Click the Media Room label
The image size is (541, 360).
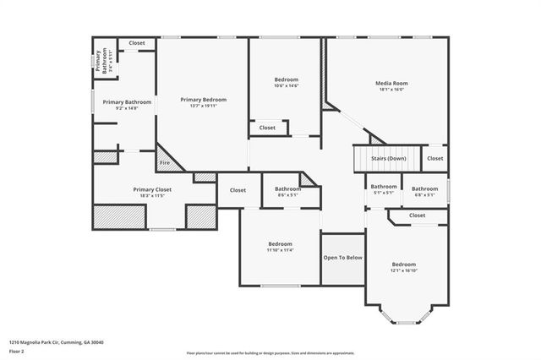tap(391, 83)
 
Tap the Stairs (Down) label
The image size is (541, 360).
tap(389, 158)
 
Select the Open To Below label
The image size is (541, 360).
tap(343, 258)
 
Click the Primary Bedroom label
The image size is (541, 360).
tap(203, 99)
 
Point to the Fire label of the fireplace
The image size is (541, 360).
tap(165, 163)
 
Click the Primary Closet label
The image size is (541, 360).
tap(152, 189)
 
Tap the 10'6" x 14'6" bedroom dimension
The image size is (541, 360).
tap(286, 86)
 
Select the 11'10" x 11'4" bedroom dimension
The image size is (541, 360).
tap(280, 250)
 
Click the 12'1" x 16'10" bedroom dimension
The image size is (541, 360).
tap(404, 271)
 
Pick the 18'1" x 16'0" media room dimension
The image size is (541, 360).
tap(391, 90)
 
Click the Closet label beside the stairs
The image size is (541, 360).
tap(434, 158)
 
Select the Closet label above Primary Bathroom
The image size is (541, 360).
tap(137, 42)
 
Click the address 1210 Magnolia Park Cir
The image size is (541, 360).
tap(56, 342)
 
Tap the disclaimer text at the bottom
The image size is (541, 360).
tap(270, 352)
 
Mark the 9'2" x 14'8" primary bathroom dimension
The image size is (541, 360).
tap(120, 108)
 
